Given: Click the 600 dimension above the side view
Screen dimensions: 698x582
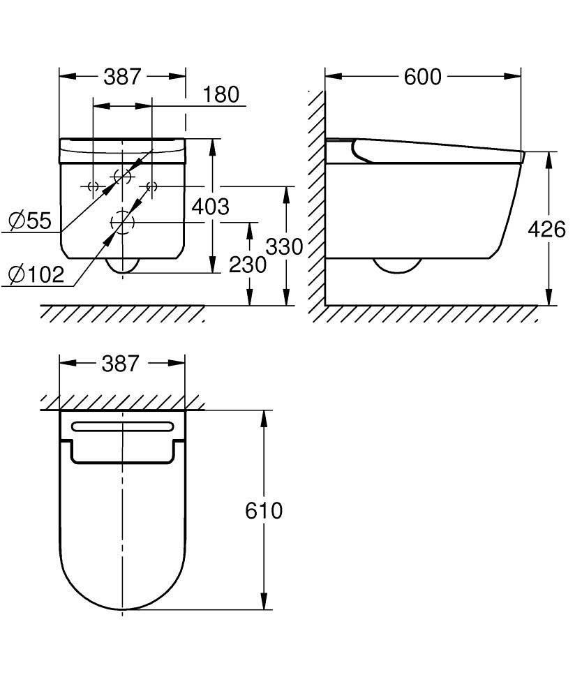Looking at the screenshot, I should [423, 77].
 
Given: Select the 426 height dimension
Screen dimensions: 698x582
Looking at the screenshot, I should [546, 229].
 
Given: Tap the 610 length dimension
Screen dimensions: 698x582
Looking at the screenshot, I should [264, 511].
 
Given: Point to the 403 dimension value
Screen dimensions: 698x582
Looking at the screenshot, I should [210, 207].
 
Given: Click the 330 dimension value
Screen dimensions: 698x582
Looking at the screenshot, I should [284, 247].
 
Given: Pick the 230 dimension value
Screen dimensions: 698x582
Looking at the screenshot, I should [248, 265].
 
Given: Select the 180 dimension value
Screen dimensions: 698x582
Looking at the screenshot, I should [222, 94].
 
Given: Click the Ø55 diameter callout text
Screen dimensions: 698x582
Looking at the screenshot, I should [30, 221].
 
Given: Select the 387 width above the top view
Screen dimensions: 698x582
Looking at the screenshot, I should [121, 364].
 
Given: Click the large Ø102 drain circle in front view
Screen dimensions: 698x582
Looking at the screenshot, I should [122, 223].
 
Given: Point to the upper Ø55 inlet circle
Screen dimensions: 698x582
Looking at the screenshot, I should [122, 177].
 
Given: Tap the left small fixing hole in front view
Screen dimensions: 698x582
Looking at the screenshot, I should [91, 186].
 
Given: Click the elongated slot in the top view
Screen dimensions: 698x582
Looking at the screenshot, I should [122, 426].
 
